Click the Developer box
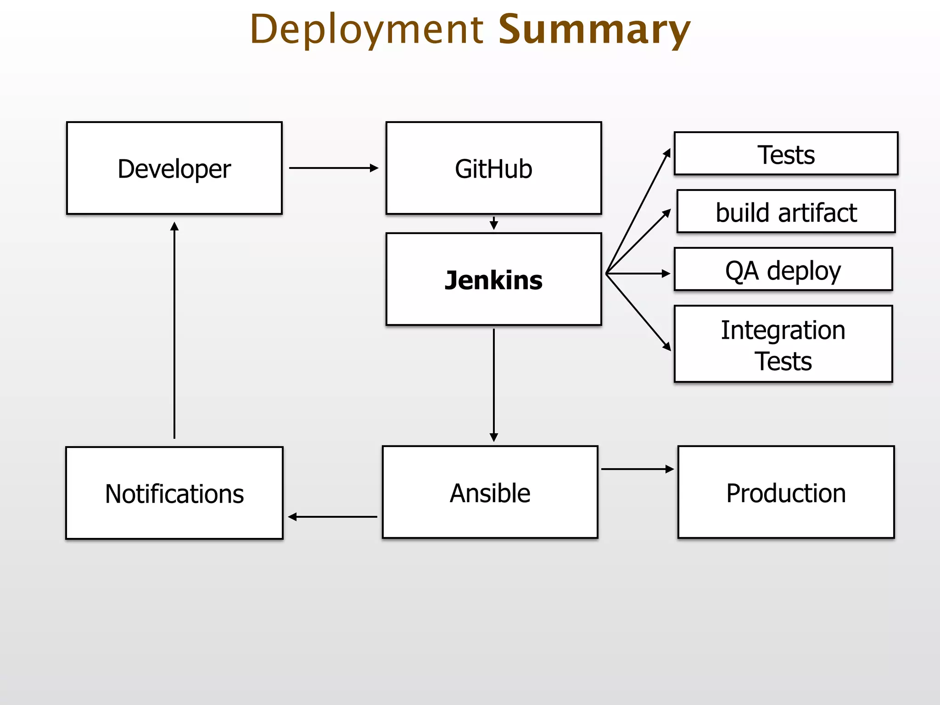174,168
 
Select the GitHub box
493,168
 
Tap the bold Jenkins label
493,280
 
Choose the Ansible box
490,492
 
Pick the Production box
786,492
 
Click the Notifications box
174,493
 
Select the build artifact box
786,212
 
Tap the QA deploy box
783,269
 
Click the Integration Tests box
783,344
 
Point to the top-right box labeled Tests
786,154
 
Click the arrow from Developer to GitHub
333,168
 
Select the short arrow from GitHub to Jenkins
494,224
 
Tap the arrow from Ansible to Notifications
333,517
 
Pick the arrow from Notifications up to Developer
174,330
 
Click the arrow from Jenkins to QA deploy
638,274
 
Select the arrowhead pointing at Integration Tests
667,347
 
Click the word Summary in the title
594,29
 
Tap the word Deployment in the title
367,29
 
